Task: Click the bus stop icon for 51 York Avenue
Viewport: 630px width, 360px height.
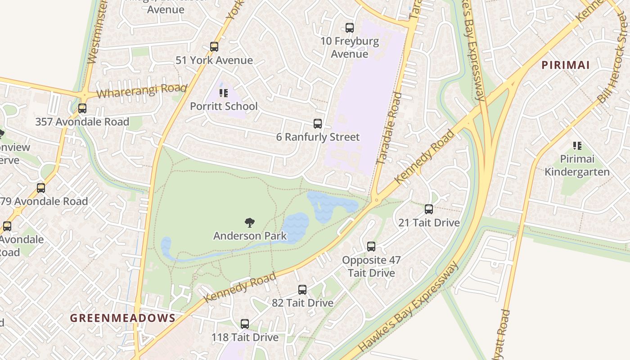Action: tap(214, 47)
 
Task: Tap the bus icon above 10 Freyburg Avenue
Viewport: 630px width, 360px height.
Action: tap(350, 28)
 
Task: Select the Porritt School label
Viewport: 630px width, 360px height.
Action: tap(224, 106)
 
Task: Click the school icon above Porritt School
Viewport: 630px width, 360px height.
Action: tap(223, 93)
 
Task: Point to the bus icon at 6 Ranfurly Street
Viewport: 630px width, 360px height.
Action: tap(318, 124)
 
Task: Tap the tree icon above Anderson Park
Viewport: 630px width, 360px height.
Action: tap(250, 222)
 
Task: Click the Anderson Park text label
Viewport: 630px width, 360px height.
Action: tap(250, 236)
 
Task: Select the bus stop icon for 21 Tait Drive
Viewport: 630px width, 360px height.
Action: tap(429, 209)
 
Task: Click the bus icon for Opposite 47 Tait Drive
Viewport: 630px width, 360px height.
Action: tap(371, 247)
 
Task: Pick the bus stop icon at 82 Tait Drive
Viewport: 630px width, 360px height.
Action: tap(302, 290)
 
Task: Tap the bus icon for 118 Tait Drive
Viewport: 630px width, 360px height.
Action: tap(245, 324)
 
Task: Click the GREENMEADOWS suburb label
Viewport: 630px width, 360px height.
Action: tap(122, 318)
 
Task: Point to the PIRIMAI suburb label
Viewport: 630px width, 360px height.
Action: tap(565, 65)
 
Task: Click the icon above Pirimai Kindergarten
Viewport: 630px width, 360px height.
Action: tap(577, 146)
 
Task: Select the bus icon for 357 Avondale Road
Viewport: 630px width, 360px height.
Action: tap(82, 108)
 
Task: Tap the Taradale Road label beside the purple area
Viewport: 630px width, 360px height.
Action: tap(389, 128)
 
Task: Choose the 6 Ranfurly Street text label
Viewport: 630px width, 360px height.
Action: tap(318, 137)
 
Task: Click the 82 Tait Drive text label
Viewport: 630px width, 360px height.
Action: tap(302, 303)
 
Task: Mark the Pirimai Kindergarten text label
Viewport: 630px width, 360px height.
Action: tap(577, 165)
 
